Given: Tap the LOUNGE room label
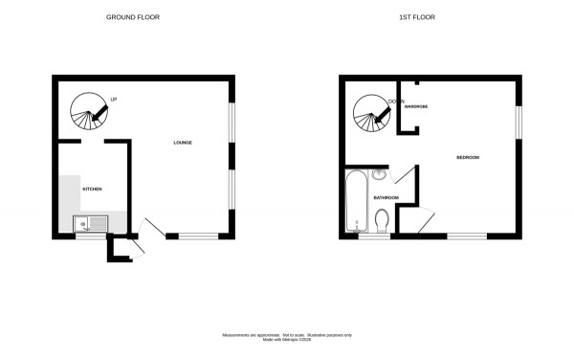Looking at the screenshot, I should click(182, 143).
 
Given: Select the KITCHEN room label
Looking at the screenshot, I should click(92, 189).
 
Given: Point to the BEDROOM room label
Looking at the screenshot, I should click(467, 157).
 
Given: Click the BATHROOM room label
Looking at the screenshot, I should click(386, 197).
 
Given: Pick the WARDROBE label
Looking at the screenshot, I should click(414, 107).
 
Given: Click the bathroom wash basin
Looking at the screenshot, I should click(379, 175).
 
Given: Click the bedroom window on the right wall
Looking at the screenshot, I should click(519, 122).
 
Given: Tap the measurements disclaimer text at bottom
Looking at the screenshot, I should click(287, 337).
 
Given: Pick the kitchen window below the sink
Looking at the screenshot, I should click(92, 236).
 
